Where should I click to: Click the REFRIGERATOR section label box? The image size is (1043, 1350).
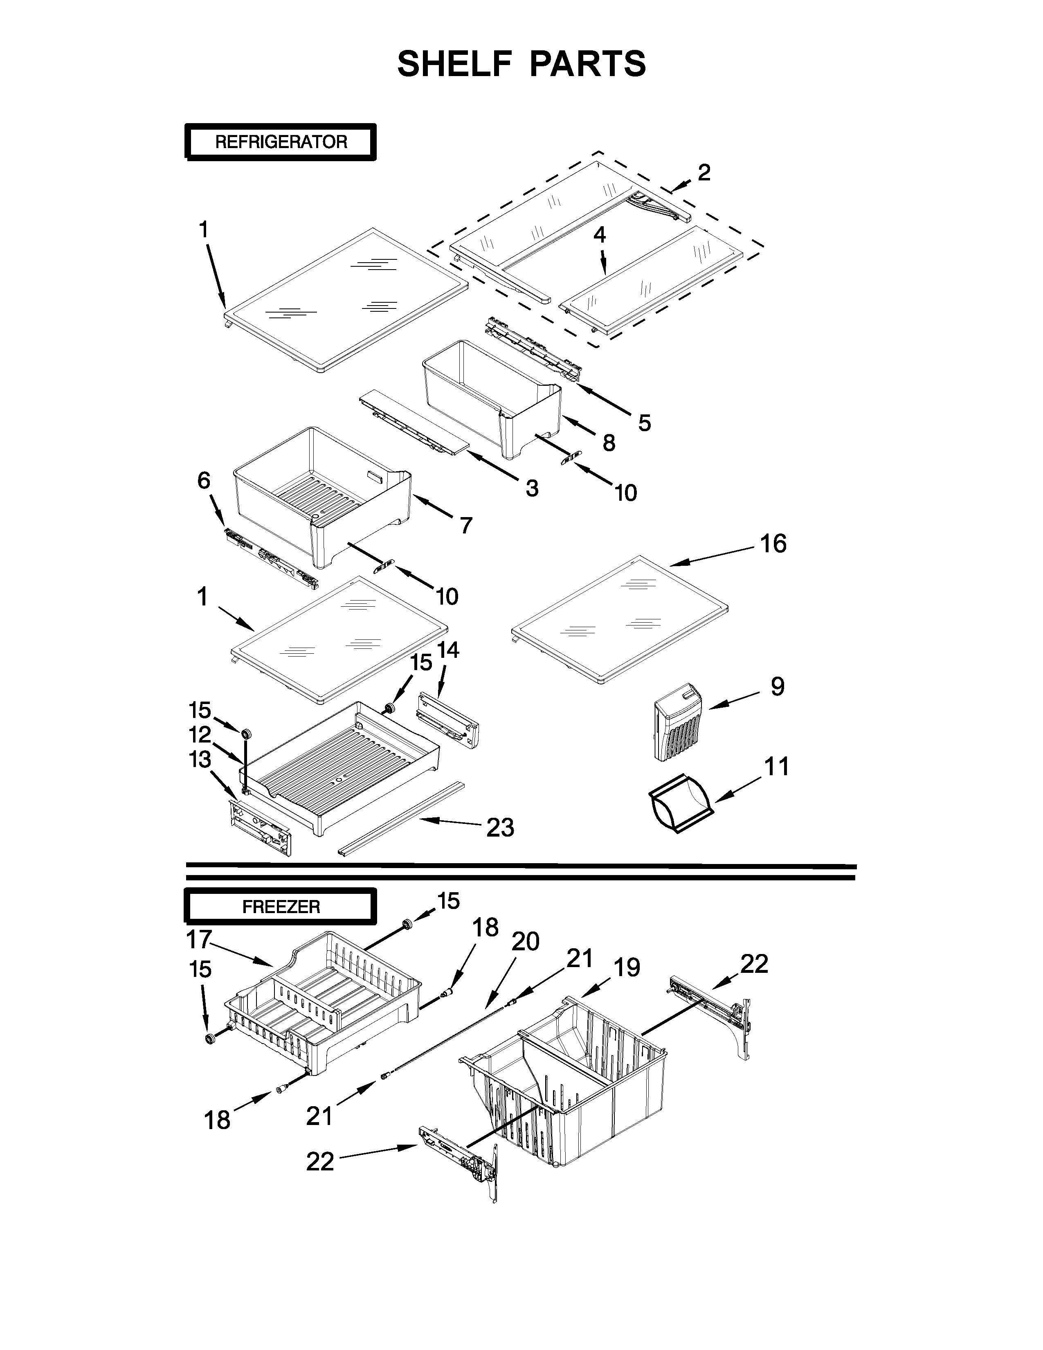click(x=281, y=142)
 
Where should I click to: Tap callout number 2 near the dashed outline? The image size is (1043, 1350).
click(x=704, y=173)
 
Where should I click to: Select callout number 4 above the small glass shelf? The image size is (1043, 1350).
click(x=599, y=234)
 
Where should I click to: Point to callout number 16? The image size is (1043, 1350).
click(x=773, y=544)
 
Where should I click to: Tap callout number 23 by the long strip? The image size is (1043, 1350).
click(x=500, y=828)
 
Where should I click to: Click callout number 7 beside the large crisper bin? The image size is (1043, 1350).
click(x=466, y=525)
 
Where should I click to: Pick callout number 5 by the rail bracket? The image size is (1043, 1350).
click(x=644, y=423)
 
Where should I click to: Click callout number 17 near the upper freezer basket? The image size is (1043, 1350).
click(x=199, y=940)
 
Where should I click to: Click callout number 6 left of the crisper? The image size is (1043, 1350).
click(x=204, y=480)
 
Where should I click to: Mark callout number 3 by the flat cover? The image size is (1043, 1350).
click(x=531, y=488)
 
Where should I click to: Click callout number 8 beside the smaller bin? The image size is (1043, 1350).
click(x=609, y=443)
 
